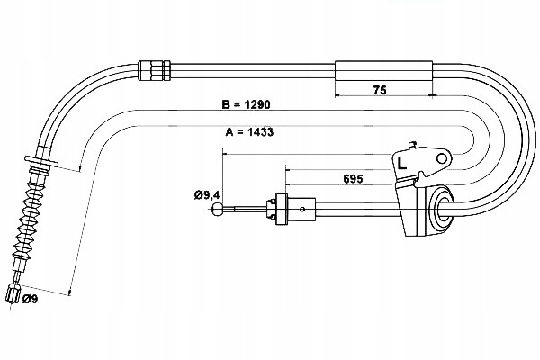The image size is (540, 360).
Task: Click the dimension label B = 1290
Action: pos(246,104)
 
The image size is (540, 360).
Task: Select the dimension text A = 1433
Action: pos(249,132)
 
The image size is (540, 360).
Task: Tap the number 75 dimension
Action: pos(380,90)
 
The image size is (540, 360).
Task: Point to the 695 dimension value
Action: pos(353,179)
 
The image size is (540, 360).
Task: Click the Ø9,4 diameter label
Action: pos(207,195)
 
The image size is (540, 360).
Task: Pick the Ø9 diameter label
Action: pos(30,299)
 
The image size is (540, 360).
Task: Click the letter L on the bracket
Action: pos(402,163)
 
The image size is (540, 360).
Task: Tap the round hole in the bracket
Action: pos(442,158)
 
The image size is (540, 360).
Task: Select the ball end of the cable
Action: pos(217,209)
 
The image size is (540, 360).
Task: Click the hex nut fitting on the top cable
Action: pos(154,71)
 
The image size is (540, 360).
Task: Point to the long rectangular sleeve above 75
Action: pos(383,71)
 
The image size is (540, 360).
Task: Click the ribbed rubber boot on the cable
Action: pos(28,224)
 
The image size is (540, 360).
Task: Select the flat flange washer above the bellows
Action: pos(41,161)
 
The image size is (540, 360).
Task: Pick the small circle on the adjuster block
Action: pos(302,209)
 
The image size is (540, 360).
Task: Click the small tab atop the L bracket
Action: pos(412,145)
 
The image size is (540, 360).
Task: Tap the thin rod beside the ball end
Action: pos(245,209)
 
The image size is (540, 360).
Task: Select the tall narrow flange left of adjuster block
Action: pos(282,209)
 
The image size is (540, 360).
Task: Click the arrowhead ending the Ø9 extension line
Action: pos(69,292)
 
